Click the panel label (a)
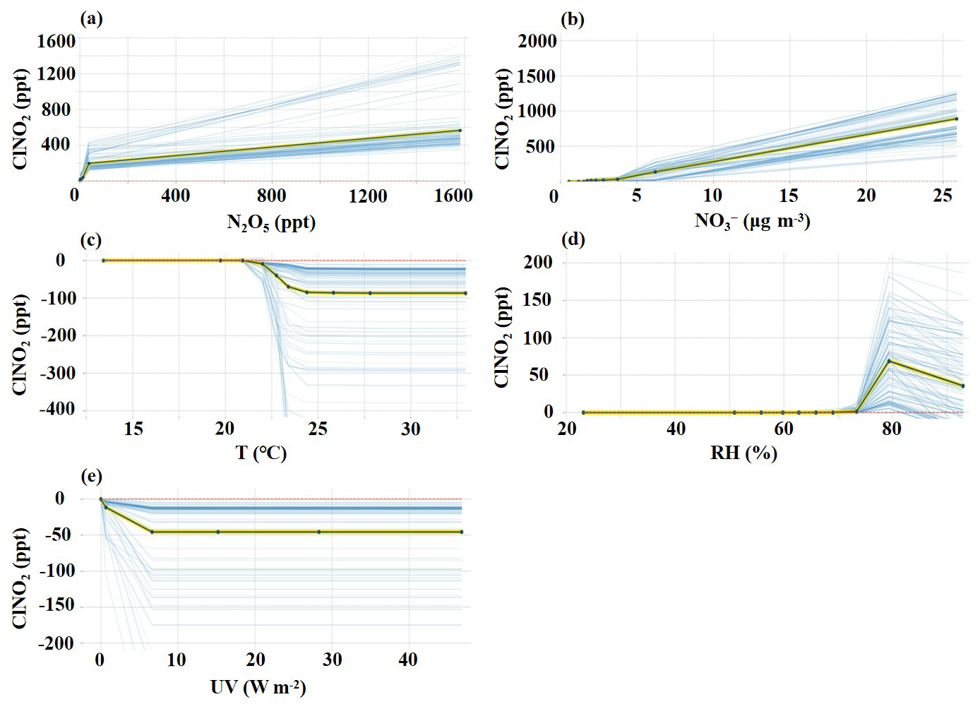pos(92,20)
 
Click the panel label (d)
pos(573,240)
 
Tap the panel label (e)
pos(92,477)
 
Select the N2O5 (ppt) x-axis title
pos(271,224)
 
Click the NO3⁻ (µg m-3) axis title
pos(753,222)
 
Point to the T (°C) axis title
pos(261,453)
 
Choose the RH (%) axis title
pos(743,453)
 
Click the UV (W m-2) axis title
pos(258,688)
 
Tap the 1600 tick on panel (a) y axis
pos(56,42)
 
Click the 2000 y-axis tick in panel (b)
pos(537,42)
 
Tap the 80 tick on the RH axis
pos(891,429)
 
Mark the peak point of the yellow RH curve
pos(889,361)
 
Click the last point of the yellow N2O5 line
pos(460,131)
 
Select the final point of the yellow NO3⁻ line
pos(957,119)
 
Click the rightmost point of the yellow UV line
pos(461,532)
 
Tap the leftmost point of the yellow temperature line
pos(104,261)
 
